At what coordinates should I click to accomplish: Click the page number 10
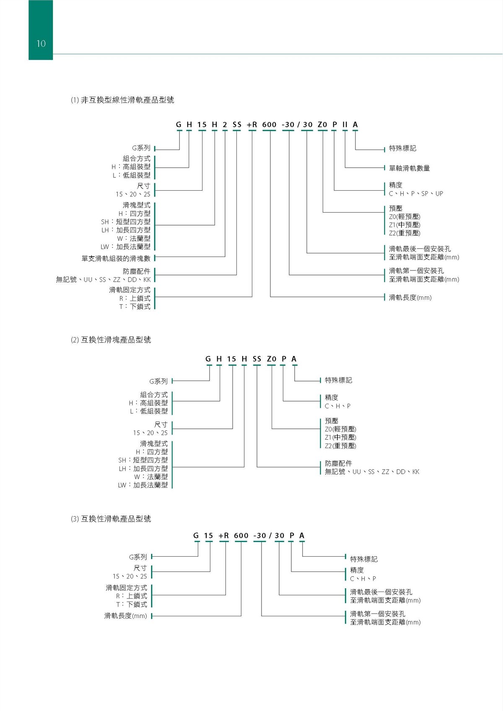tap(41, 44)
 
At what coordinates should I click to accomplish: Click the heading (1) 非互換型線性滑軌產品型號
tap(122, 100)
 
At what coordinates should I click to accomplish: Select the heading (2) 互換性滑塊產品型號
tap(111, 340)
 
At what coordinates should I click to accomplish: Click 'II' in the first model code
tap(345, 125)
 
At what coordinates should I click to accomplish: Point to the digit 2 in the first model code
tap(225, 125)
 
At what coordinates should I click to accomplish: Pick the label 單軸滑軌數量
tap(410, 168)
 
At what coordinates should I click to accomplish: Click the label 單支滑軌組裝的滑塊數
tap(116, 258)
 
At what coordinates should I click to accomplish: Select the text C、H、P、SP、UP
tap(416, 193)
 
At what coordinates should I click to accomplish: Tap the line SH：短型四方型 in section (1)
tap(126, 221)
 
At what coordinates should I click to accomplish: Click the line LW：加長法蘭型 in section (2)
tap(143, 485)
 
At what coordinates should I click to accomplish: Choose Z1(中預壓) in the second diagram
tap(340, 437)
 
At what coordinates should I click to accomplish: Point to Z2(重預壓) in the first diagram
tap(404, 233)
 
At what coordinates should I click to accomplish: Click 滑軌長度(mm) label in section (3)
tap(126, 616)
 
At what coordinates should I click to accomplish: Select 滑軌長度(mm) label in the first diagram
tap(410, 297)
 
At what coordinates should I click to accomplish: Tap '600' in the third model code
tap(241, 535)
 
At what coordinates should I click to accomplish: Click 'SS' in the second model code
tap(257, 359)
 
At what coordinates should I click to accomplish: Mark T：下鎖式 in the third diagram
tap(132, 605)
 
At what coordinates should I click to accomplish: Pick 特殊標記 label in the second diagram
tap(338, 380)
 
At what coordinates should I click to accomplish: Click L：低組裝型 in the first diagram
tap(131, 175)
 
